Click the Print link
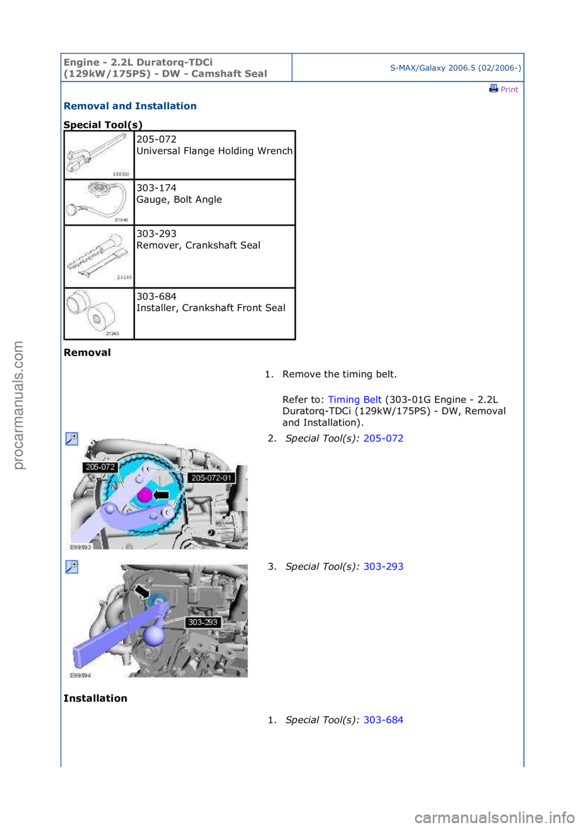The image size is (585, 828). pos(504,89)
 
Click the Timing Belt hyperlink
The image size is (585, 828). pos(354,399)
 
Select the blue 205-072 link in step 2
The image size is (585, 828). pos(383,438)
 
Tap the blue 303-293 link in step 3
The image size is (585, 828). pos(383,566)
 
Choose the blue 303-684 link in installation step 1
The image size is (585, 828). pos(383,720)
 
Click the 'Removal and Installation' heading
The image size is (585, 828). pos(130,106)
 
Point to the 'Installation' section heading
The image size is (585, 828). pos(95,698)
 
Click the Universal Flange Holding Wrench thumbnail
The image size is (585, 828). pos(99,155)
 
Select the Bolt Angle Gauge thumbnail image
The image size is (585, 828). pos(99,202)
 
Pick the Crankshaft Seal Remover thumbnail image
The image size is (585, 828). pos(99,257)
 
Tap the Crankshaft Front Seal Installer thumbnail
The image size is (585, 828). pos(99,313)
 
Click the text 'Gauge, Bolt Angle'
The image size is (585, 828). pos(179,199)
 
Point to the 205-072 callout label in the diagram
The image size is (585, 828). pos(100,467)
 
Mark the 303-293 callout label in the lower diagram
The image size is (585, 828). pos(202,623)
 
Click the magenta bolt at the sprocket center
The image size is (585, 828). pos(145,494)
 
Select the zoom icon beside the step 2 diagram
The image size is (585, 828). pos(72,438)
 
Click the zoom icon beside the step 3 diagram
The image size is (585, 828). pos(72,567)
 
